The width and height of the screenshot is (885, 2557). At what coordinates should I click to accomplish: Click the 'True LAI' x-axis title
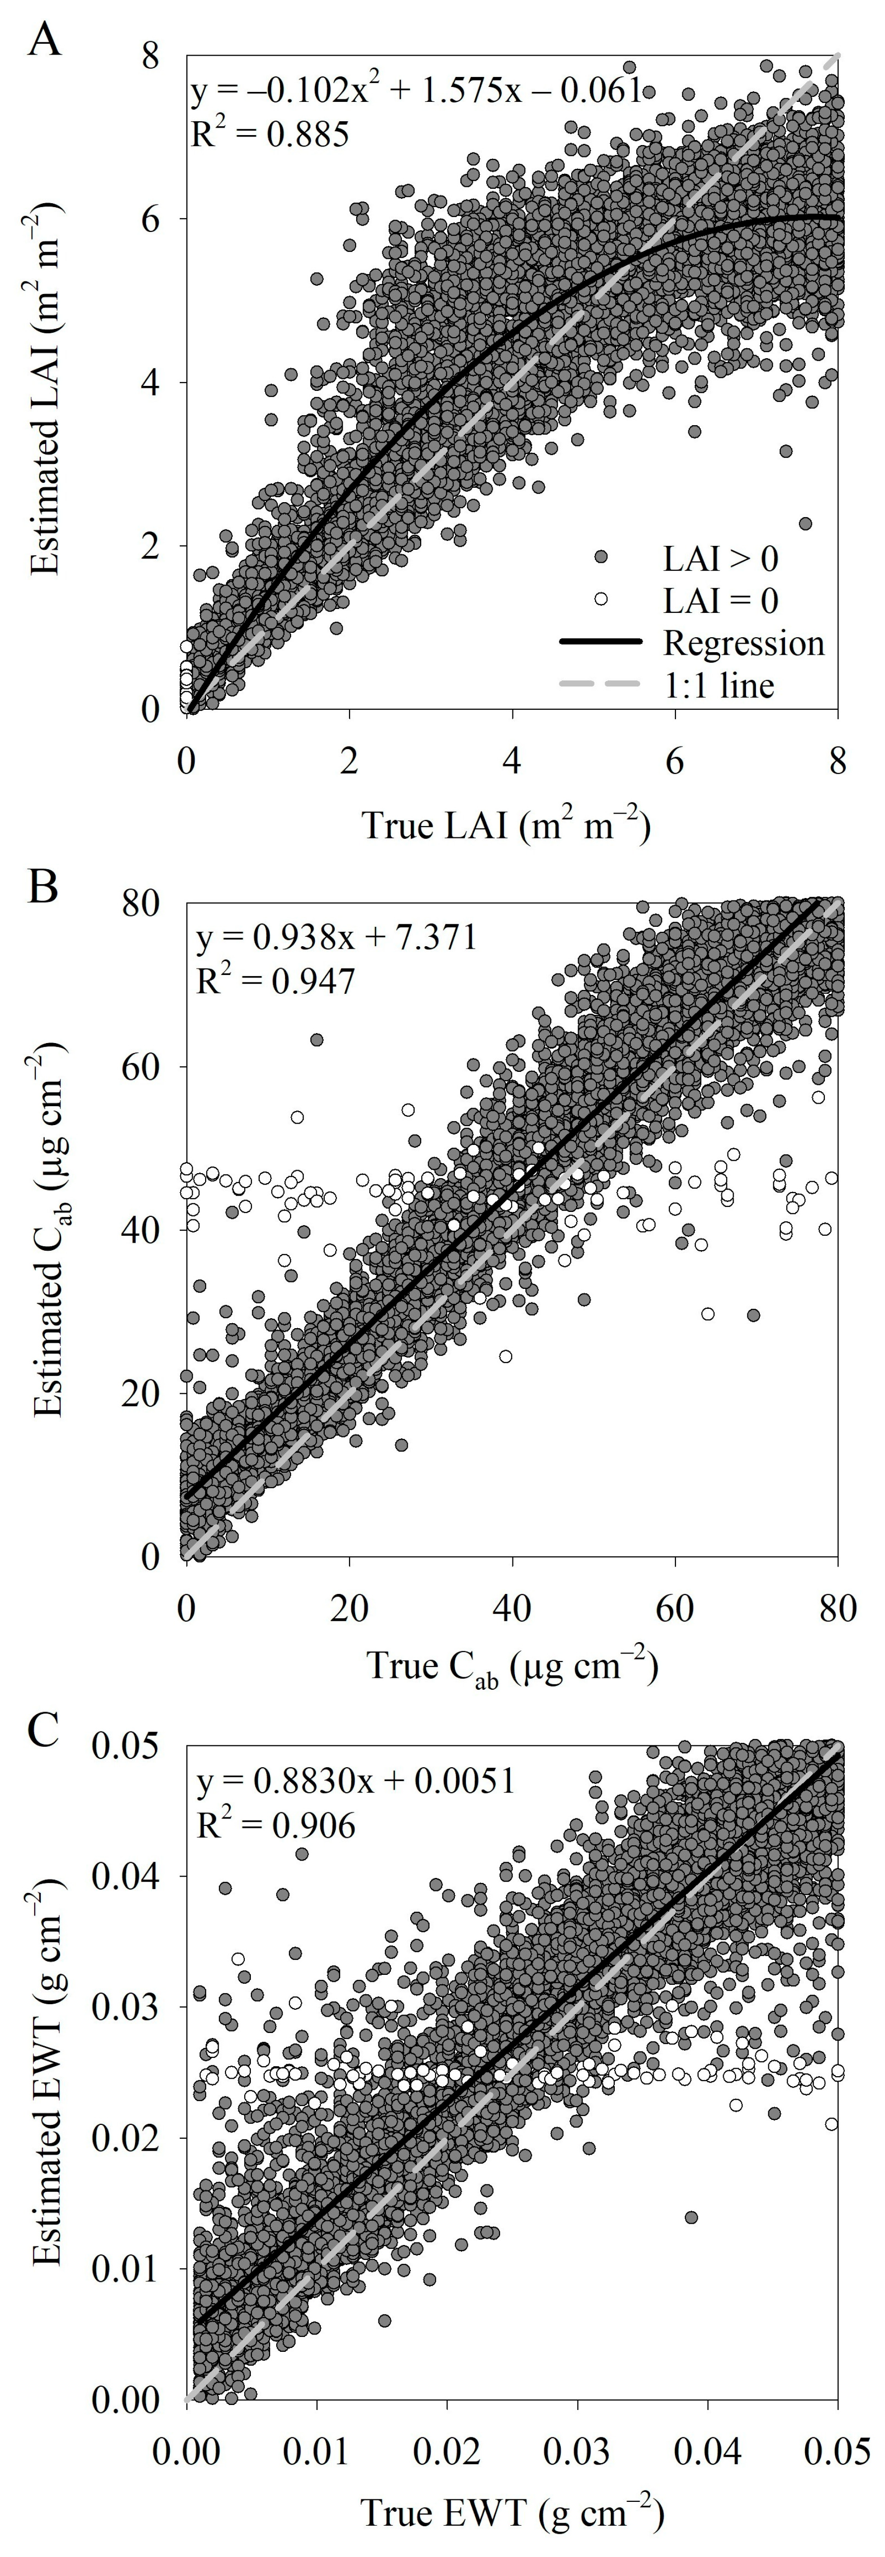click(506, 826)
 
